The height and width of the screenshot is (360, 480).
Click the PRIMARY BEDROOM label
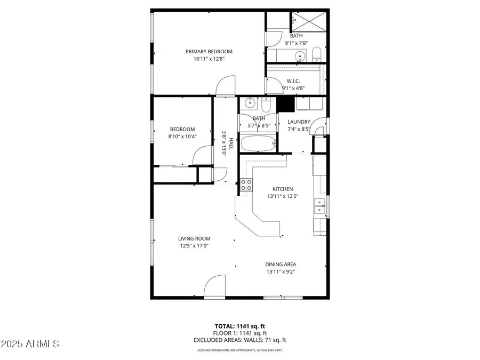[209, 52]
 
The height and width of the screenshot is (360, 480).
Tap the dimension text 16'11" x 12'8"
[209, 59]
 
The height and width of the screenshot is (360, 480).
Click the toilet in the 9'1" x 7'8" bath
[316, 54]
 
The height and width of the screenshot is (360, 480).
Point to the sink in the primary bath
[300, 55]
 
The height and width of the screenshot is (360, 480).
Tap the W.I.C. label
[293, 81]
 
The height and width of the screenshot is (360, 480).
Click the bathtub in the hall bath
[258, 143]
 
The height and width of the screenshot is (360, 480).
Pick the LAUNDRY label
[299, 122]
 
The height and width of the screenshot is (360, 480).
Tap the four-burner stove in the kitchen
[246, 185]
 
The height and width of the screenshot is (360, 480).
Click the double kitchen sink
[319, 205]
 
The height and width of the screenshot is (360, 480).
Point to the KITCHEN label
[283, 189]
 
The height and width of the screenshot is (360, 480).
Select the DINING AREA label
[281, 264]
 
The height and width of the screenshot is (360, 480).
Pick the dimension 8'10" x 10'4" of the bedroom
[182, 136]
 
